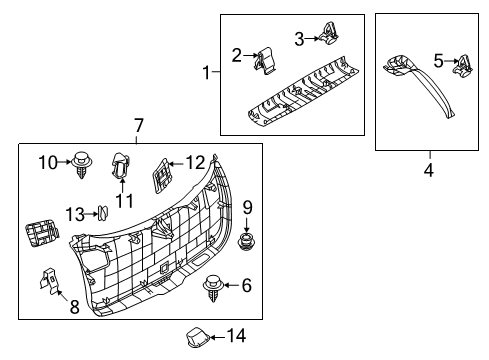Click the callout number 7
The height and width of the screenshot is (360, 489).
point(139,126)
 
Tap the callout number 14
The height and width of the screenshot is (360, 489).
point(236,336)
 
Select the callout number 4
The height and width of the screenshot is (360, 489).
point(429,170)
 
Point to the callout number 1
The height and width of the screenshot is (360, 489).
point(207,72)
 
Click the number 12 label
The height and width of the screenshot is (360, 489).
point(195,163)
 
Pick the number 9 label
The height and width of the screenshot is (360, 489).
point(247,208)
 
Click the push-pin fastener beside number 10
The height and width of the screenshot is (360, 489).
point(81,165)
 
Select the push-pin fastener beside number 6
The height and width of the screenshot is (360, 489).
point(212,288)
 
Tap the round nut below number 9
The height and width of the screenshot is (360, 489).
point(246,242)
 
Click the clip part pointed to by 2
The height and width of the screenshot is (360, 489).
point(266,60)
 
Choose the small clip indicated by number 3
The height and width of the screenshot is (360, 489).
point(329,33)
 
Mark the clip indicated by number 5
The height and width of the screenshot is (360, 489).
point(463,65)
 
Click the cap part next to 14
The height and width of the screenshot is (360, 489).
point(197,337)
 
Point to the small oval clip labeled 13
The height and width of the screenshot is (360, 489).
point(103,213)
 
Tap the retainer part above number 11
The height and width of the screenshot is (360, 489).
point(120,165)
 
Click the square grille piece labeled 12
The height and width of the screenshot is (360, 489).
point(162,175)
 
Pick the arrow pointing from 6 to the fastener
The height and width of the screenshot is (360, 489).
point(231,285)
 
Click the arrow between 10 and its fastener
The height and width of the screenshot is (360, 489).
point(64,162)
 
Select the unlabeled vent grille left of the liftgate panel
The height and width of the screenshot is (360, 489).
point(42,233)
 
